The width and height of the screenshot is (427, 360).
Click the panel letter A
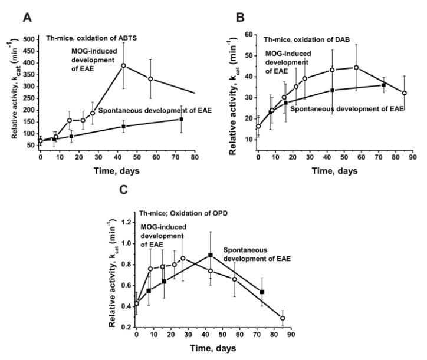(x=26, y=18)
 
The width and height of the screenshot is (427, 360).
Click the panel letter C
(x=122, y=191)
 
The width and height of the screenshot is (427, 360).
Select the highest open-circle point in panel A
(x=124, y=65)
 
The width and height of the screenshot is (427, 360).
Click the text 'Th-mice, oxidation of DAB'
(x=298, y=39)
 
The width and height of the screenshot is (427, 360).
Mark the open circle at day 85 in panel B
(x=404, y=93)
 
